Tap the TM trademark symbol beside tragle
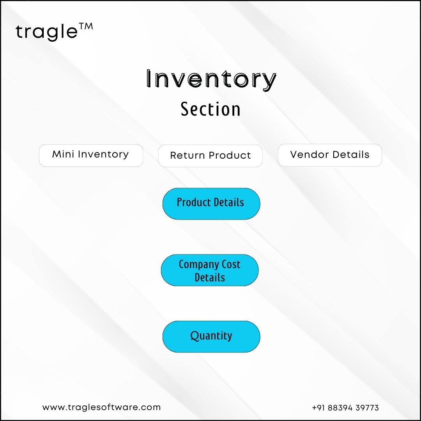point(86,27)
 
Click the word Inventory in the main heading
point(211,79)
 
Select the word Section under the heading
point(210,109)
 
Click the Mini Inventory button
point(91,156)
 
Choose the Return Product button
point(210,156)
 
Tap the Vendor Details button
point(330,155)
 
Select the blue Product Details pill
point(211,203)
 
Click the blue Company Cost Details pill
point(210,270)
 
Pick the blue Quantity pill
point(211,336)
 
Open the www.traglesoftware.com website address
point(101,407)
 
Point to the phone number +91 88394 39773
point(345,408)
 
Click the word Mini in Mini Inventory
point(63,154)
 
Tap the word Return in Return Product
point(188,156)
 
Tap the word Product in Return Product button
point(230,156)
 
